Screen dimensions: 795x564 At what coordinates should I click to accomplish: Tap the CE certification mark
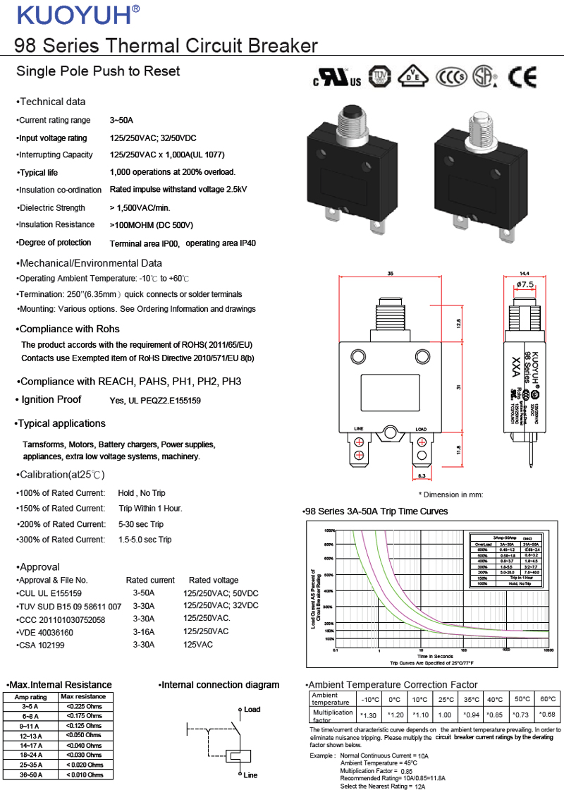[523, 76]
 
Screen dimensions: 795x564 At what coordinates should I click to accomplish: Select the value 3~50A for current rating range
[121, 120]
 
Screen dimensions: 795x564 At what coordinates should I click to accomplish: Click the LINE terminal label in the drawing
[358, 429]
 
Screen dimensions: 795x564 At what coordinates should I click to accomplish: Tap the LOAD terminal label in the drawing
[421, 429]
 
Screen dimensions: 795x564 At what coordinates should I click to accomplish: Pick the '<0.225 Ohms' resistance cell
[85, 706]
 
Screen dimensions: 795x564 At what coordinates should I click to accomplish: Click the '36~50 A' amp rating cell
[30, 775]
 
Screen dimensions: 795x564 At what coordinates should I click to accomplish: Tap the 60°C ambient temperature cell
[547, 699]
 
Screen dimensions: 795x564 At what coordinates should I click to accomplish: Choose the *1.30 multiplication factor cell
[369, 715]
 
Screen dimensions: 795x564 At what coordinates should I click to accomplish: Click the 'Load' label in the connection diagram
[252, 709]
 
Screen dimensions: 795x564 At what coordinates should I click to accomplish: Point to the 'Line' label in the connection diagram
[250, 775]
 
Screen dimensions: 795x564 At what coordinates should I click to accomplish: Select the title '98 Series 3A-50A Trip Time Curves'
[375, 511]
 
